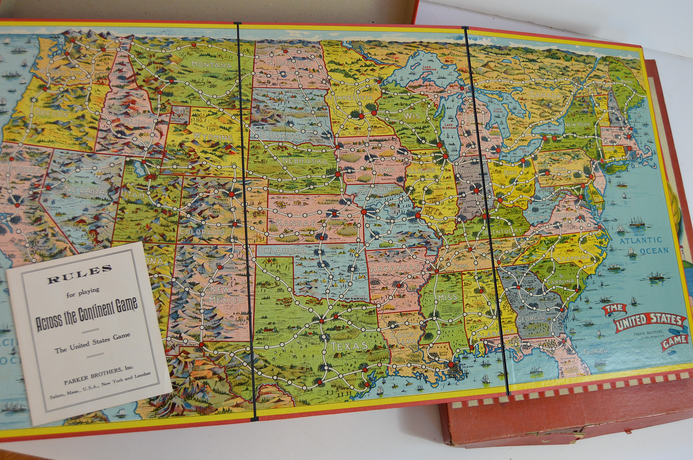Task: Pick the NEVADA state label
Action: [85, 191]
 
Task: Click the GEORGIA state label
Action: [535, 318]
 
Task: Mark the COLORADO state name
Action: [202, 232]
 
